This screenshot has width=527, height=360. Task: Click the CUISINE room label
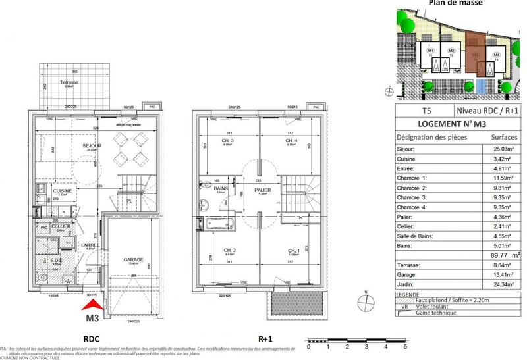pos(63,191)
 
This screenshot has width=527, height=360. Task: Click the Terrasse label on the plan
pos(67,82)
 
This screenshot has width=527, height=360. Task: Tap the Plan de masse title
pos(456,3)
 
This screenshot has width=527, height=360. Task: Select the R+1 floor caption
pos(265,338)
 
